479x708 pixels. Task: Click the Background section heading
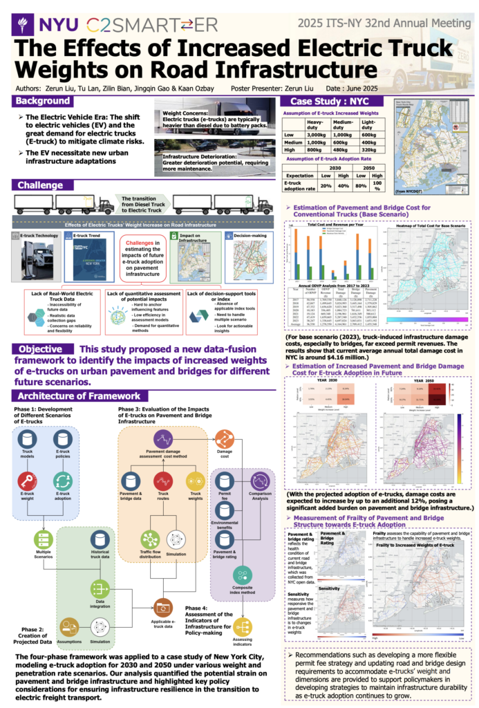[x=42, y=102]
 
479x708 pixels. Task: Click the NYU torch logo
[x=25, y=25]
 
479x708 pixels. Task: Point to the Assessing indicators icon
[x=243, y=628]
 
